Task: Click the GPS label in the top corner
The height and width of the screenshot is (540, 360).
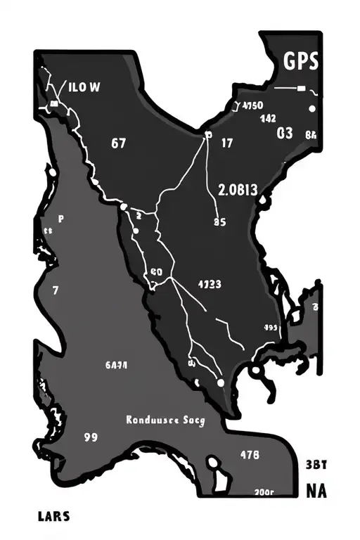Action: [x=301, y=62]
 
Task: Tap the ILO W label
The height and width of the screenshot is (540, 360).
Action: [x=84, y=88]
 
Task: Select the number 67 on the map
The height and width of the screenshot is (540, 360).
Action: [x=119, y=143]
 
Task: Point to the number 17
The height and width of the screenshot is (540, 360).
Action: [x=226, y=143]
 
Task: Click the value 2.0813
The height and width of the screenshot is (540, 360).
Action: [x=238, y=189]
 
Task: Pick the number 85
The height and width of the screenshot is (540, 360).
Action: [x=218, y=221]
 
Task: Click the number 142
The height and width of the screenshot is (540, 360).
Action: [x=268, y=119]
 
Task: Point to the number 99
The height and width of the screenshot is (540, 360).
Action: [x=90, y=436]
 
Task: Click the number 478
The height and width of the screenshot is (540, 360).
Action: [x=250, y=454]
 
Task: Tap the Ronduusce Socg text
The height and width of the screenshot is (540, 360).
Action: [x=165, y=420]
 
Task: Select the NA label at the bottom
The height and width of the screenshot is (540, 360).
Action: [x=316, y=491]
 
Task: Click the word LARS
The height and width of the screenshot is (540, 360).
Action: [x=53, y=517]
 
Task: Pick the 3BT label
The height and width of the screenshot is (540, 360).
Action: [x=318, y=464]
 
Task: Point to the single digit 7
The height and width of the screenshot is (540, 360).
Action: [x=55, y=289]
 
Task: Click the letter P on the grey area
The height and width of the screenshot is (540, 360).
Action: [x=60, y=219]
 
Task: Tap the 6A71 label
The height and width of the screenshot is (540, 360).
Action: [x=115, y=365]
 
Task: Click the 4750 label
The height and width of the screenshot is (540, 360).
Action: [x=252, y=106]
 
